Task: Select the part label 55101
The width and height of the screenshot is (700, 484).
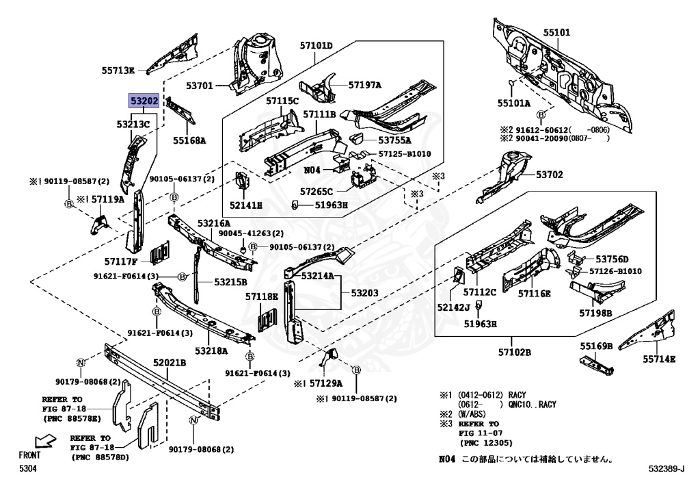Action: click(556, 32)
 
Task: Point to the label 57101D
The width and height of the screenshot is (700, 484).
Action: click(315, 46)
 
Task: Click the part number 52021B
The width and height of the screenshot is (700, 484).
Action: click(170, 362)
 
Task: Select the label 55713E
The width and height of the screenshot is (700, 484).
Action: click(119, 69)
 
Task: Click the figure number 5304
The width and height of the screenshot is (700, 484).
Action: click(27, 469)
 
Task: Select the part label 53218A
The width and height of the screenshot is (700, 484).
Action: click(211, 351)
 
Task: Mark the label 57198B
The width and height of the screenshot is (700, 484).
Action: click(595, 313)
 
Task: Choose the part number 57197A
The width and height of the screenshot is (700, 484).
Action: click(365, 85)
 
